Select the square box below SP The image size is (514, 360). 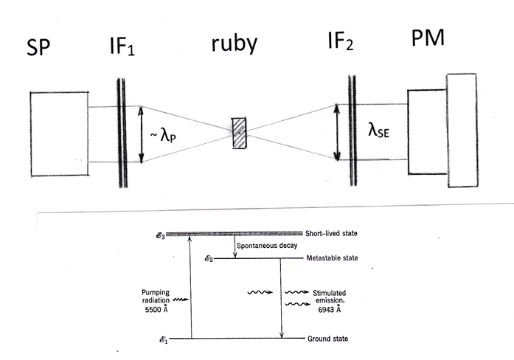pos(59,133)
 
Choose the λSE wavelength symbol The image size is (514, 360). pos(372,134)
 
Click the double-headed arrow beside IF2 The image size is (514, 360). pos(336,132)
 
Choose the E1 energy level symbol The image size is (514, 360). pos(174,339)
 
